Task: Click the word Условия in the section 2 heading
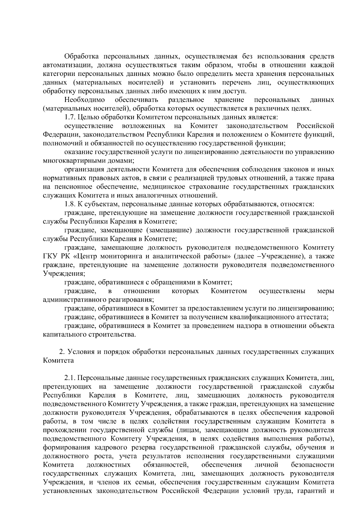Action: (x=81, y=352)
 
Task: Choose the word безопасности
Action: (x=312, y=474)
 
